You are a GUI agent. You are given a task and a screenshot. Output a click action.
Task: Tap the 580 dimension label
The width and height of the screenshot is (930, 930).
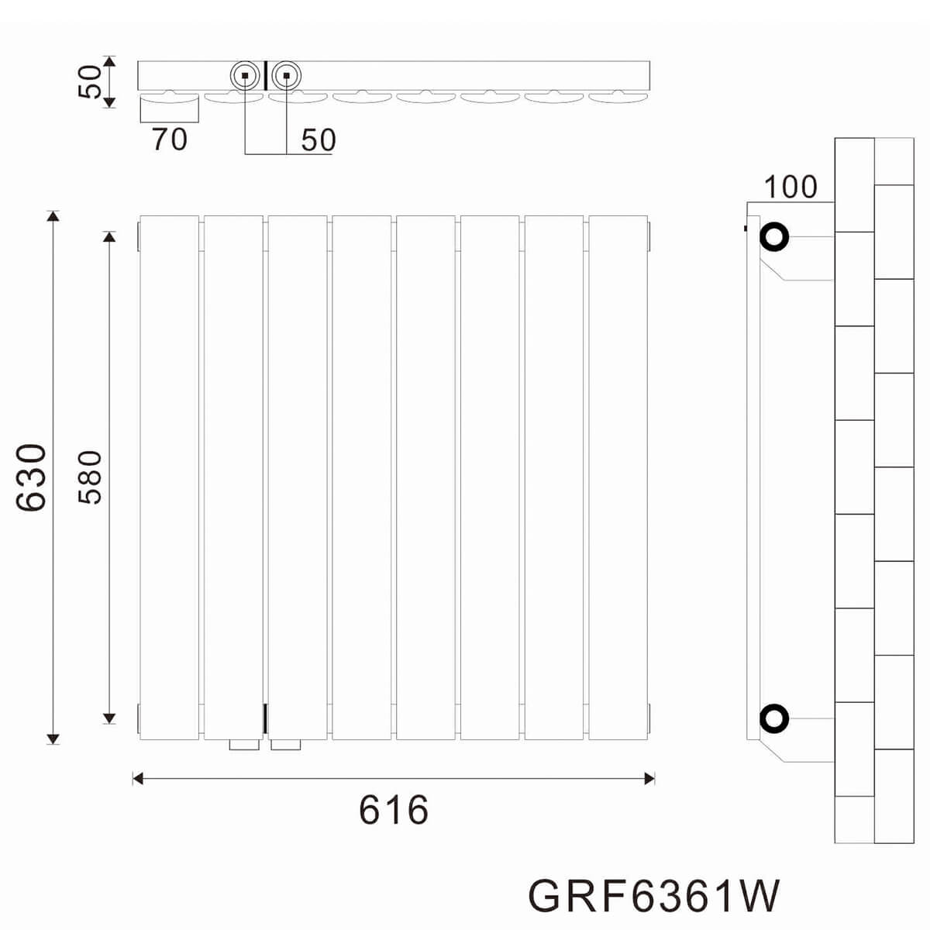tap(90, 477)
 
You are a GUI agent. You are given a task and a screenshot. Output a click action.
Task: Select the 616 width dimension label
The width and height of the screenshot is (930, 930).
tap(394, 810)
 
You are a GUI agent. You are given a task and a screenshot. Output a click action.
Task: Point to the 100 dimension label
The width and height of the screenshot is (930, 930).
tap(790, 187)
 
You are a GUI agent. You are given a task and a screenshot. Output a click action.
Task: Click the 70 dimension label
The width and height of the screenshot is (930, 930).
tap(170, 139)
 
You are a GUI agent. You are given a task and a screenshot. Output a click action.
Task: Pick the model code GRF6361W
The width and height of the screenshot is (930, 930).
tap(654, 896)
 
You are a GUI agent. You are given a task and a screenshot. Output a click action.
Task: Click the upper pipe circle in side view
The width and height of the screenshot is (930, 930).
tap(774, 237)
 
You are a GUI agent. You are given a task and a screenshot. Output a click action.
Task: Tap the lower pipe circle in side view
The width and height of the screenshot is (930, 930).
tap(774, 718)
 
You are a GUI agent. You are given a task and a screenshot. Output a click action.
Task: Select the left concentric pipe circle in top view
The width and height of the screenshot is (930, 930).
tap(245, 61)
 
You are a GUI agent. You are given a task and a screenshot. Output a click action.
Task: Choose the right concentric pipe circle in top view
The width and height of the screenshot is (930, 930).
tap(286, 61)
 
